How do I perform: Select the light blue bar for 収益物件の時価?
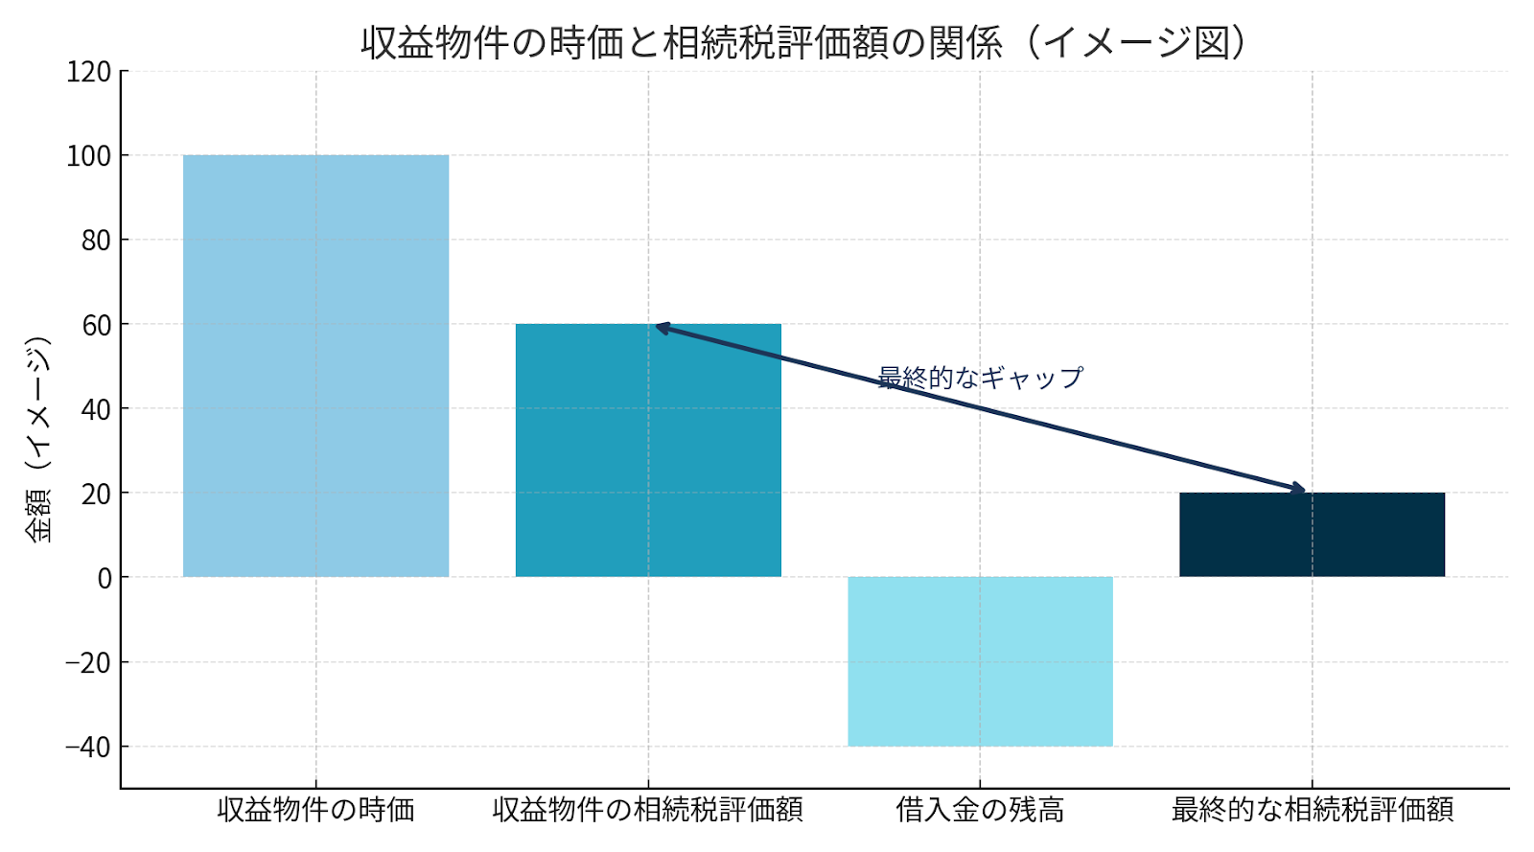315,365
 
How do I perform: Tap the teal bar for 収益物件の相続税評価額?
648,449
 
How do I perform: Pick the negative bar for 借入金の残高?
980,660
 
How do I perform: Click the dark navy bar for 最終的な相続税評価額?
1312,534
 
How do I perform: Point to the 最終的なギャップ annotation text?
980,378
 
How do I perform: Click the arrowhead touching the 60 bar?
661,328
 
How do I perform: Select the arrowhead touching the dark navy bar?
1298,489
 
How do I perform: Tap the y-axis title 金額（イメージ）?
38,440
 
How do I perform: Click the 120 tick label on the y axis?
88,72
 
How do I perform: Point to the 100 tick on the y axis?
88,156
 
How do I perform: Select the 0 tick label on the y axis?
104,578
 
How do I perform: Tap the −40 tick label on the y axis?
88,747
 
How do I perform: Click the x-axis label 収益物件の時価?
315,810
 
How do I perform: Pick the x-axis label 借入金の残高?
980,810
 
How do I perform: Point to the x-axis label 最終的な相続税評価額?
1312,810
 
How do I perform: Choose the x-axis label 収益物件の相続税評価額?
648,810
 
